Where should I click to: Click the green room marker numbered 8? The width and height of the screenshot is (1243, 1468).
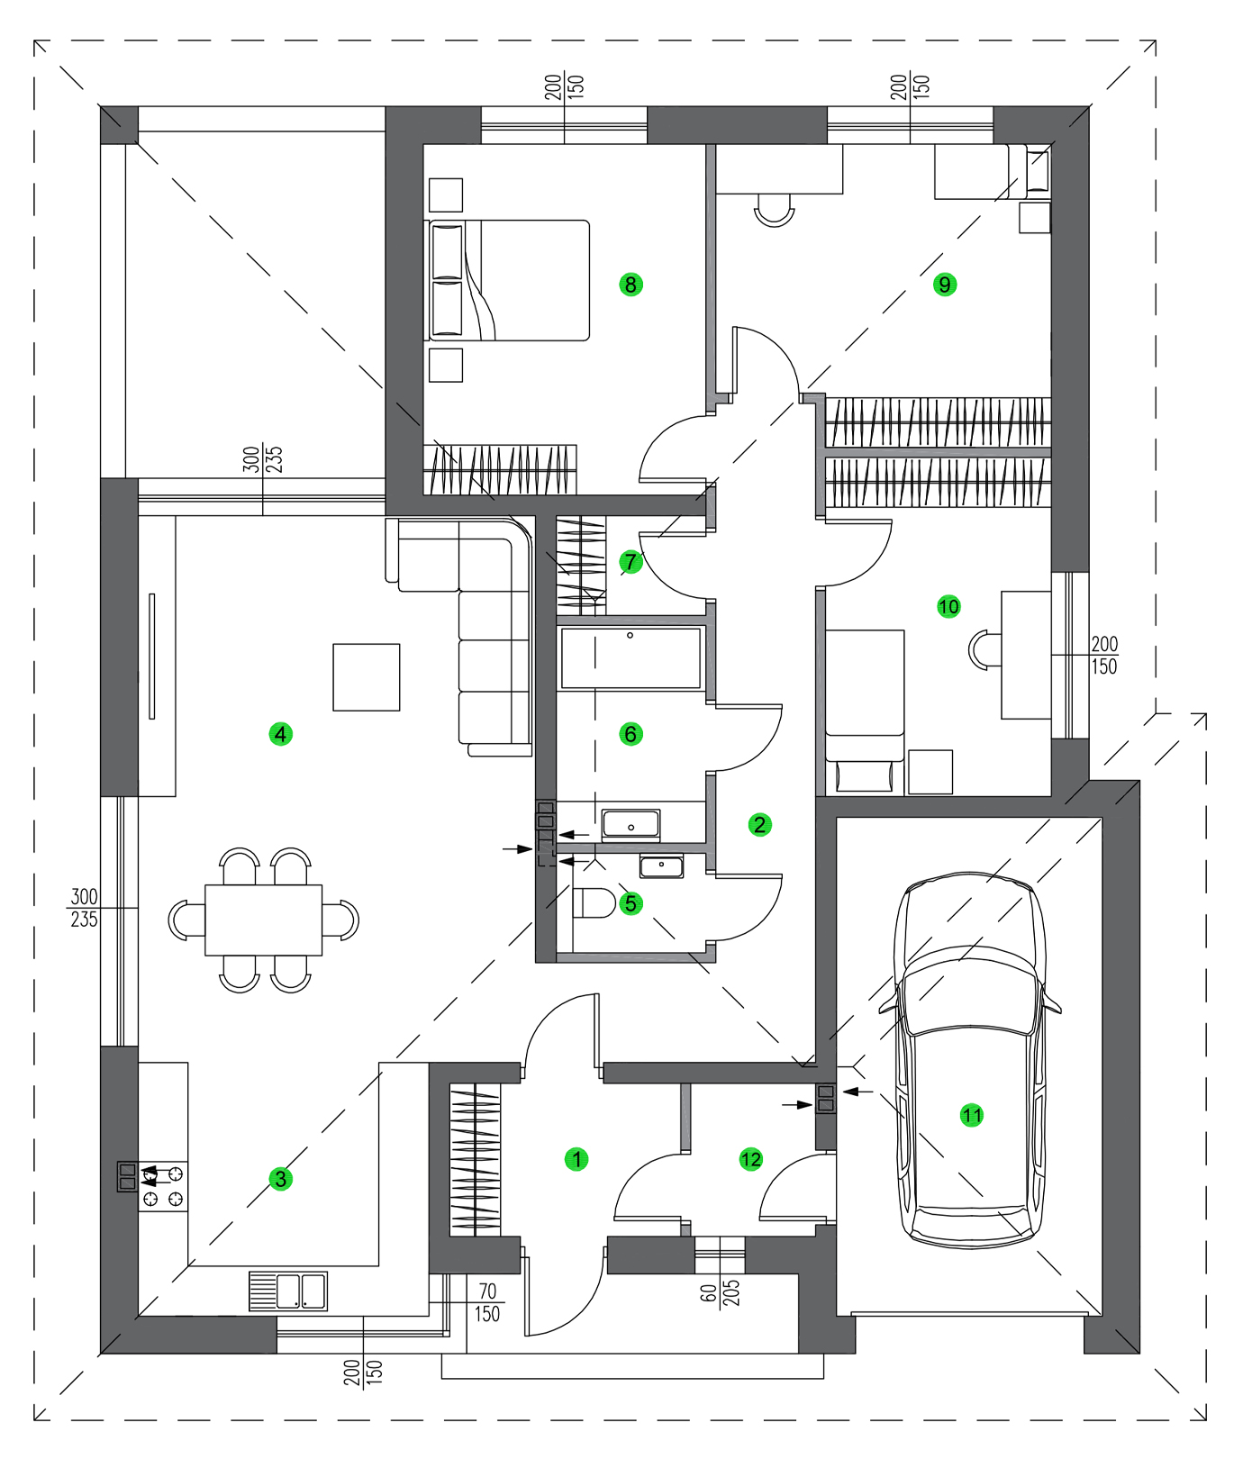coord(631,285)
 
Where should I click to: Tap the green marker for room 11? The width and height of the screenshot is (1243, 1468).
coord(971,1115)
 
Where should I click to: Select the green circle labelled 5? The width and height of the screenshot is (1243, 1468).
coord(631,902)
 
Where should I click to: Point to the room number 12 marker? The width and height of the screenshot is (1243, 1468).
coord(750,1159)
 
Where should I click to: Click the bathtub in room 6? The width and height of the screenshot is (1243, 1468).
coord(631,658)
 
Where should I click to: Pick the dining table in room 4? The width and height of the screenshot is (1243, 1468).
coord(263,920)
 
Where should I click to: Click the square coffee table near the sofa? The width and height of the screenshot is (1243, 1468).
coord(367,677)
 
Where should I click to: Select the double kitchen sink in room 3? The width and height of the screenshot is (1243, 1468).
coord(288,1291)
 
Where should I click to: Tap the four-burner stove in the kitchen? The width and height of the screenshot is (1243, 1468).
coord(163,1186)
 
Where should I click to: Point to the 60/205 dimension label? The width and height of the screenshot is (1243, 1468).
coord(720,1292)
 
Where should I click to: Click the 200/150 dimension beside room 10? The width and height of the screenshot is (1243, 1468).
coord(1103,656)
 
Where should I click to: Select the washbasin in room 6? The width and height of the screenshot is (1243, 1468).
coord(631,824)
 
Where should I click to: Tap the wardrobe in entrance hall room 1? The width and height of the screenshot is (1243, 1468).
coord(475,1159)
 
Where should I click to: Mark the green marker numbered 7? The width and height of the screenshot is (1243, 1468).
coord(631,562)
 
